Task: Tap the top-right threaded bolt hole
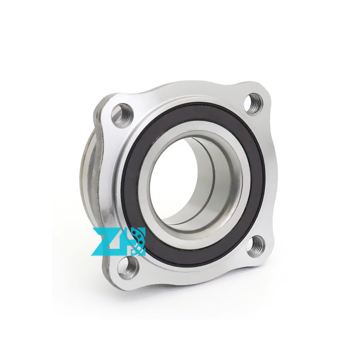(253, 104)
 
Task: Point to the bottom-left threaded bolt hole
(128, 267)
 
